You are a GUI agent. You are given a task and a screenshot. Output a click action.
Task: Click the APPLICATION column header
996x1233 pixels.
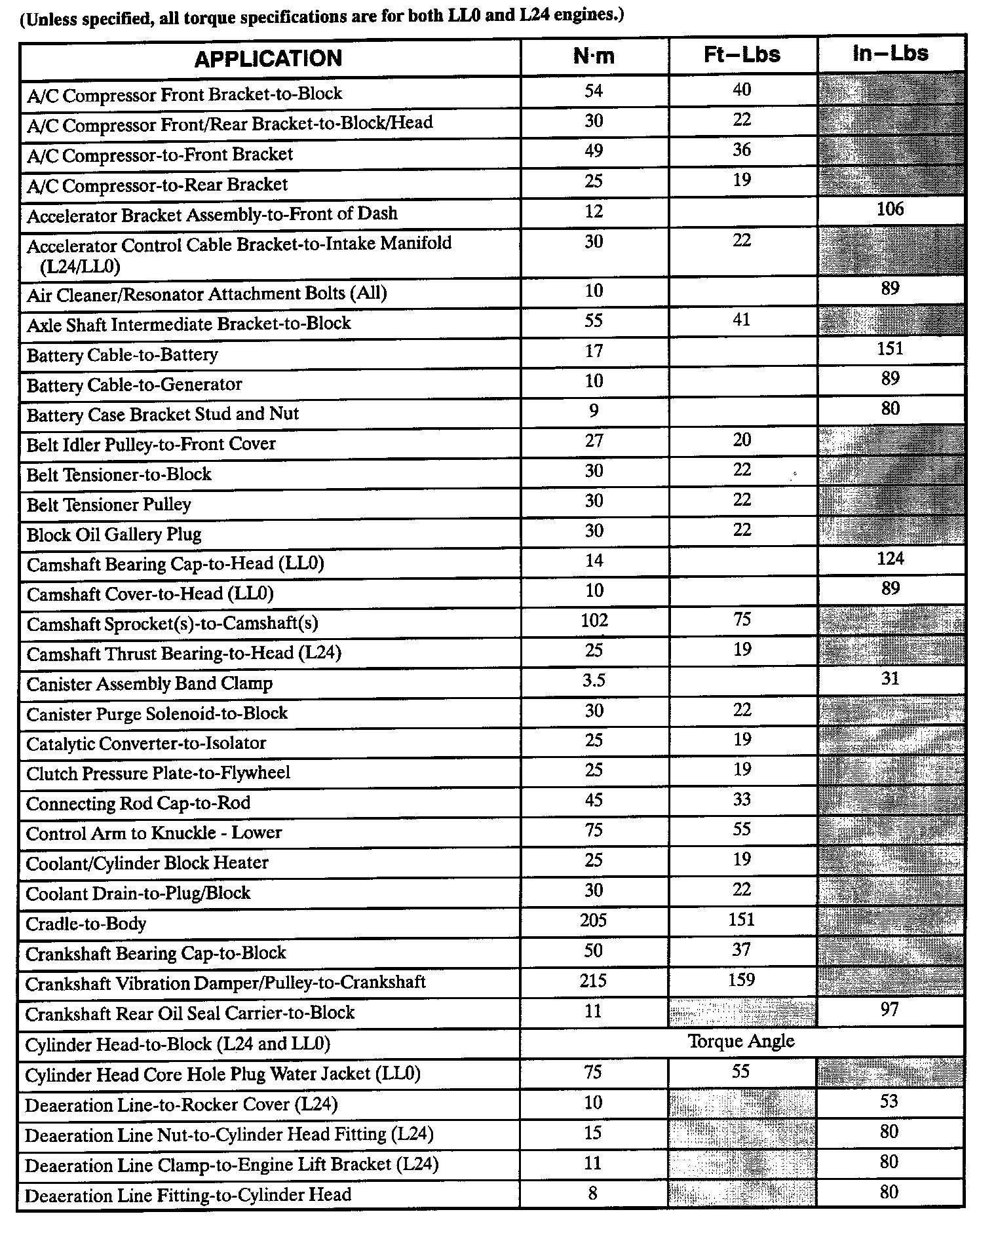point(268,59)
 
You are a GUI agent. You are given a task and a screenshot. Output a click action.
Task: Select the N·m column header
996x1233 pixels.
point(594,56)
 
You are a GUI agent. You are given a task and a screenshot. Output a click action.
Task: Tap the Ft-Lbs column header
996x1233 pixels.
point(742,54)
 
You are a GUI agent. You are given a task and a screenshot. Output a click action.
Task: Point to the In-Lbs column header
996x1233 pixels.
point(890,53)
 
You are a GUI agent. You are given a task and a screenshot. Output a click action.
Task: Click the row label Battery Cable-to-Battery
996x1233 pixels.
point(123,355)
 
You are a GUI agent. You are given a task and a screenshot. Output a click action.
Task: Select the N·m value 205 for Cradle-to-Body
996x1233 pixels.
point(594,920)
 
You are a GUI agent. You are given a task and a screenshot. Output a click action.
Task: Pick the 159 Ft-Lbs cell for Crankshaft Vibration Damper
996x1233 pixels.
point(742,980)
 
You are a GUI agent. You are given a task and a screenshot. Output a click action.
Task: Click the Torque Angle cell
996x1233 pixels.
point(741,1041)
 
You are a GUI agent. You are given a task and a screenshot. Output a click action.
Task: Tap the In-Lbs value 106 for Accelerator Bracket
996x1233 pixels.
point(890,210)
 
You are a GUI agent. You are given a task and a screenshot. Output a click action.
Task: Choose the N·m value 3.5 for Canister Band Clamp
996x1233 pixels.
point(594,681)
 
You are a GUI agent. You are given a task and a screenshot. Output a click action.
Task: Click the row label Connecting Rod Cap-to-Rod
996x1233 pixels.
point(138,803)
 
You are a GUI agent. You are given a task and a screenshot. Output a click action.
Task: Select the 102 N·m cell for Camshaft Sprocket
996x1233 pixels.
point(594,620)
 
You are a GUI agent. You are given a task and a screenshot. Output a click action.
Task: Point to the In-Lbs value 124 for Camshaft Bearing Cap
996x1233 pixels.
point(890,559)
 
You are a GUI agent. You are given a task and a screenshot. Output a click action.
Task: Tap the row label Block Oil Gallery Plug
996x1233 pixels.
point(114,535)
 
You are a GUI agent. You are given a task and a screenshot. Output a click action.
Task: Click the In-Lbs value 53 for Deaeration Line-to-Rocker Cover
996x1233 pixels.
point(889,1101)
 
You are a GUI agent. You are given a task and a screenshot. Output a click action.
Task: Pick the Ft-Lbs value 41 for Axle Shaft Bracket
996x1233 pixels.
point(742,320)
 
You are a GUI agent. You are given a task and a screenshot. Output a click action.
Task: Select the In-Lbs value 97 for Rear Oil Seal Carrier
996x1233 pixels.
point(889,1010)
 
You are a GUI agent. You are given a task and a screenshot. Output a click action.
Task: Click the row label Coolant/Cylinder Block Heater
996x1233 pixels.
point(147,863)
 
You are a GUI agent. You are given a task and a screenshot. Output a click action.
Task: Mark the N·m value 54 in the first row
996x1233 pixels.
point(594,90)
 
